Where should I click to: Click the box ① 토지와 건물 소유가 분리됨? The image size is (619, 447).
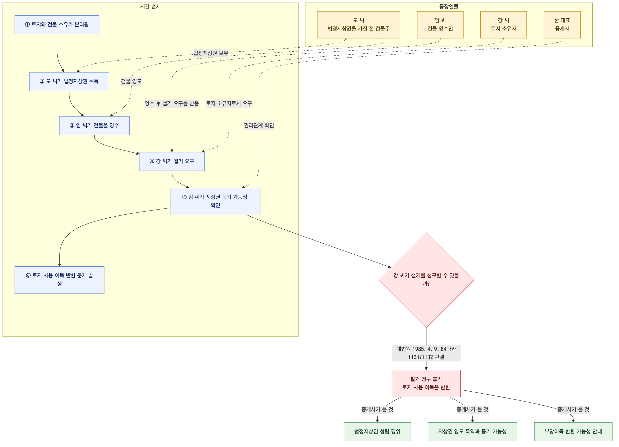click(x=57, y=25)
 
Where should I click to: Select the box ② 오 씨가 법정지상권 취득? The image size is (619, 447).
click(x=69, y=81)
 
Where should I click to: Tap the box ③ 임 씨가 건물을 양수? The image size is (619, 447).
click(x=94, y=125)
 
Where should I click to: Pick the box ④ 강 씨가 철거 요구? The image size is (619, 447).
click(x=172, y=161)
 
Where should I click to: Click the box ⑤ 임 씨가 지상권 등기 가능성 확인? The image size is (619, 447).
click(x=215, y=201)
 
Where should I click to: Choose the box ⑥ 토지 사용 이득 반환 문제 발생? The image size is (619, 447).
click(x=60, y=280)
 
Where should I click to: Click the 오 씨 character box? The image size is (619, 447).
click(x=358, y=25)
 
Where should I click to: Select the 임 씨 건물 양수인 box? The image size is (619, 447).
click(x=440, y=25)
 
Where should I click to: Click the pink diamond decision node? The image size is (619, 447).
click(x=426, y=280)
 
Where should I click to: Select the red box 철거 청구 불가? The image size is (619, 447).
click(x=426, y=383)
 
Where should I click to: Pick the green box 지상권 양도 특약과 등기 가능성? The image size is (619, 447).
click(x=472, y=431)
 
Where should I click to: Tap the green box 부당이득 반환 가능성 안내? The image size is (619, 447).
click(x=573, y=431)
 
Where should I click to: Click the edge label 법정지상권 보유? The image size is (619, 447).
click(x=211, y=53)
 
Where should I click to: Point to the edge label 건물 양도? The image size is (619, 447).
click(x=131, y=81)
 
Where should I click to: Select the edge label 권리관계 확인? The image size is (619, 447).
click(x=259, y=125)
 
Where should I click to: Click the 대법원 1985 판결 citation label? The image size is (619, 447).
click(x=426, y=353)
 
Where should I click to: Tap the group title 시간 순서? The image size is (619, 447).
click(x=150, y=7)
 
